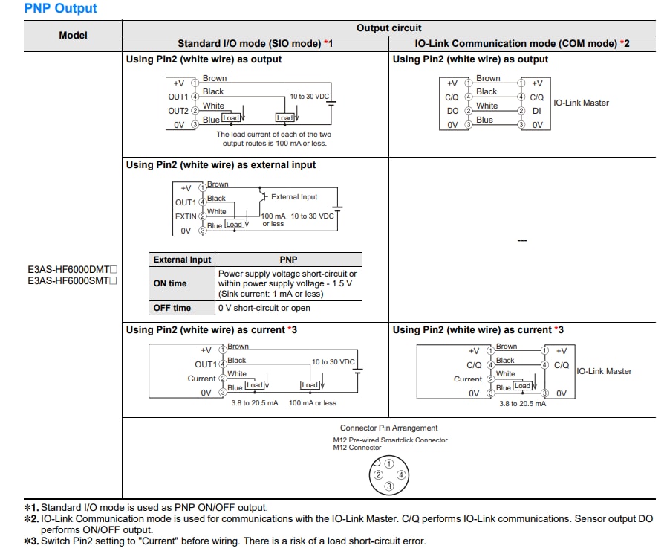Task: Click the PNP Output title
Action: (61, 9)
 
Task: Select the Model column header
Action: (73, 35)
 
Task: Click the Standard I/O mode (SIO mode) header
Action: (255, 44)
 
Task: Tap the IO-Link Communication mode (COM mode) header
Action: (522, 44)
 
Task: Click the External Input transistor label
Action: (294, 197)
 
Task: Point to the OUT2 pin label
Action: (178, 111)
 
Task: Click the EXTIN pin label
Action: (186, 216)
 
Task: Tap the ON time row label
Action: (170, 283)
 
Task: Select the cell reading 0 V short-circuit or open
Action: (264, 308)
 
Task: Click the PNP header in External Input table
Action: (288, 260)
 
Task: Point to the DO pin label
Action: (452, 111)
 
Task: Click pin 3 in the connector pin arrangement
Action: (388, 486)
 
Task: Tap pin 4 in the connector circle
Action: (400, 474)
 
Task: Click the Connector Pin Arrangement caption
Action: (388, 428)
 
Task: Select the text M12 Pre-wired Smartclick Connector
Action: (390, 440)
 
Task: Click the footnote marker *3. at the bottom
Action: (31, 541)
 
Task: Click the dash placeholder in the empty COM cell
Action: (522, 241)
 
